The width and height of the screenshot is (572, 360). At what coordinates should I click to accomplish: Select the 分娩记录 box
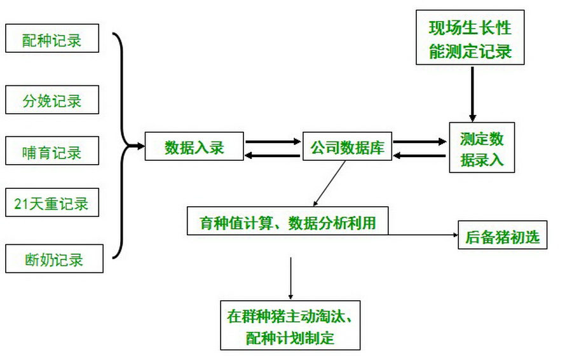point(52,100)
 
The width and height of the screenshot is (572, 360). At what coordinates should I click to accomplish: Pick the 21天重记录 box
point(52,204)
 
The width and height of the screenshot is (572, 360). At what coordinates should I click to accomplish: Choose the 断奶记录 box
point(54,259)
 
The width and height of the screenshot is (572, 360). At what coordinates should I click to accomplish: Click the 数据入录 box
point(194,147)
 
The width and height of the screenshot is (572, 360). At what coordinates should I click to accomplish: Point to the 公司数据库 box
point(347,147)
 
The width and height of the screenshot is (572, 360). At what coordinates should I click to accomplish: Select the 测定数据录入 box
point(481,148)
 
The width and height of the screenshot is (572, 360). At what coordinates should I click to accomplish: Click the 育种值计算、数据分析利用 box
point(287,222)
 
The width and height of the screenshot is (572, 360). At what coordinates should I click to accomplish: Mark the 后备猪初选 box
point(502,237)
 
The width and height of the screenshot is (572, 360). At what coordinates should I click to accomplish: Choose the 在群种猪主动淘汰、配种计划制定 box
point(290,326)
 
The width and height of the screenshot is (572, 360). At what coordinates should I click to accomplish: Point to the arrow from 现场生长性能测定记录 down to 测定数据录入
point(472,93)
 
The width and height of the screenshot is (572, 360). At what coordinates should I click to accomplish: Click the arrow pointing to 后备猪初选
point(423,235)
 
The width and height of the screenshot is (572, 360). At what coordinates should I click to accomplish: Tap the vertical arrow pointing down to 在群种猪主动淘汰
point(290,278)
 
